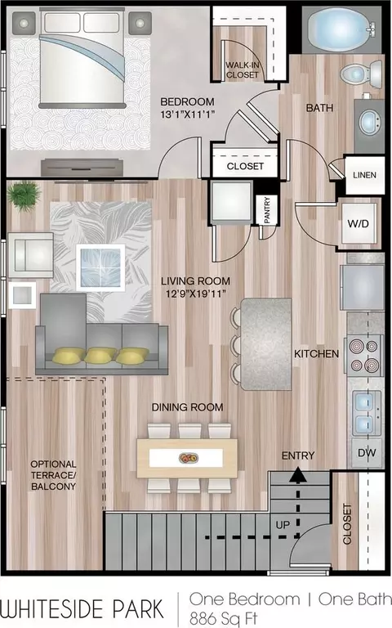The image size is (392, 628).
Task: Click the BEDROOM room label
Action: pos(187,101)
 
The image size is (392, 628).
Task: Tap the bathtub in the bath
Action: pos(341,29)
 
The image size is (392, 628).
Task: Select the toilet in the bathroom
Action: pos(362,74)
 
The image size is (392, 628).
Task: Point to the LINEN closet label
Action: pos(364,175)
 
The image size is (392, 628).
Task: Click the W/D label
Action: pos(358,223)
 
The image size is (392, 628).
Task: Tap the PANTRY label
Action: pos(267,210)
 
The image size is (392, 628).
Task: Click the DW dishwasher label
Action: pos(367,453)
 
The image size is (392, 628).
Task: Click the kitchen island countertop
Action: pos(266,344)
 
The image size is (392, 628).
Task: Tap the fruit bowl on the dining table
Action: pos(188,457)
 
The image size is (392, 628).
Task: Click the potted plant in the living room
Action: pos(24,195)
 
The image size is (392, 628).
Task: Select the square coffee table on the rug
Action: pos(100,267)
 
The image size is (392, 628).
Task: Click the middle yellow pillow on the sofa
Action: pos(100,355)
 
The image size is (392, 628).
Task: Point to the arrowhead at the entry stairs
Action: pos(297,474)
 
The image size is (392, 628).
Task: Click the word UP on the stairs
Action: pos(283,525)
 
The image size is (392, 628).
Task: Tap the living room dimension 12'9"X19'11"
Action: pos(196,294)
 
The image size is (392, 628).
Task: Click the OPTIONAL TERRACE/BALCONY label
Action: pos(53,475)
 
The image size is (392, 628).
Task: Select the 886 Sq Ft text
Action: pos(224,618)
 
